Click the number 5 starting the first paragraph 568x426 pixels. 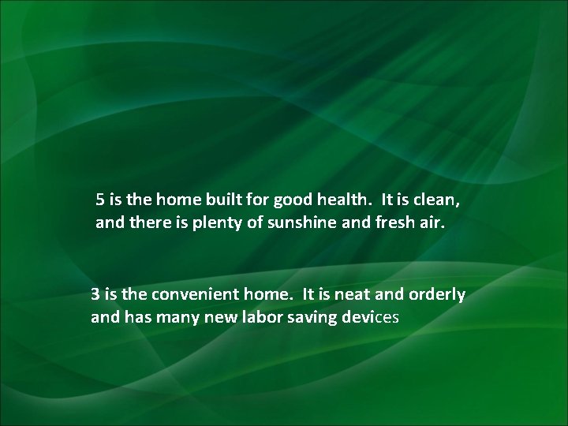tap(101, 199)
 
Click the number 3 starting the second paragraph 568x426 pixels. tap(95, 294)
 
